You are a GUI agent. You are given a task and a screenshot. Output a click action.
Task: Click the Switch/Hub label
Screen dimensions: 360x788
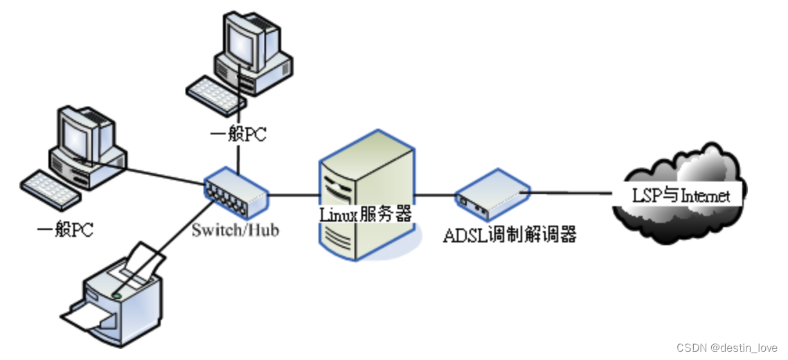point(235,229)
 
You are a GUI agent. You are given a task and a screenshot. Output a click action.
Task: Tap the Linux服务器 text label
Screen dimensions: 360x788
point(365,214)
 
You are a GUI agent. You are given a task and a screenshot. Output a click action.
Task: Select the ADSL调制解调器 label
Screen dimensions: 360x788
point(510,235)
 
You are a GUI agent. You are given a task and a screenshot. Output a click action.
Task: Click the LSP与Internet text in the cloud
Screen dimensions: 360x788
point(681,195)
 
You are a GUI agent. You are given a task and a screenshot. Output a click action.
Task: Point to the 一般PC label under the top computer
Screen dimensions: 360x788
point(238,134)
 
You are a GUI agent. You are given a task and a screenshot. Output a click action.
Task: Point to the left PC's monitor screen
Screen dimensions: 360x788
point(76,136)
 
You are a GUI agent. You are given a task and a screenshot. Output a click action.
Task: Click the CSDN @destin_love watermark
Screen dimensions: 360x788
point(727,348)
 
